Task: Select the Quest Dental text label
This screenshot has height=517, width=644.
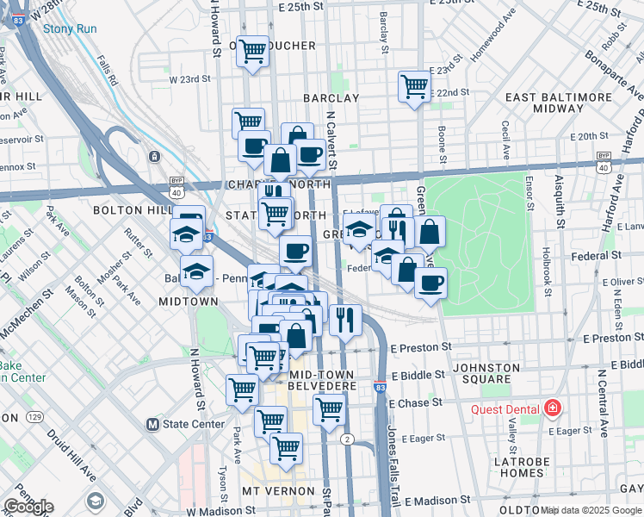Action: tap(505, 408)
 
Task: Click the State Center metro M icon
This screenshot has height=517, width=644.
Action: tap(153, 424)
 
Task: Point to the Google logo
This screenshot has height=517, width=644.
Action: tap(28, 507)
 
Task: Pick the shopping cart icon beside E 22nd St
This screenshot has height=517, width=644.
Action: tap(414, 87)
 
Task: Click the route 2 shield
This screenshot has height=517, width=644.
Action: tap(346, 439)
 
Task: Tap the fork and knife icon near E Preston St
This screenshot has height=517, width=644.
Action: tap(345, 321)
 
